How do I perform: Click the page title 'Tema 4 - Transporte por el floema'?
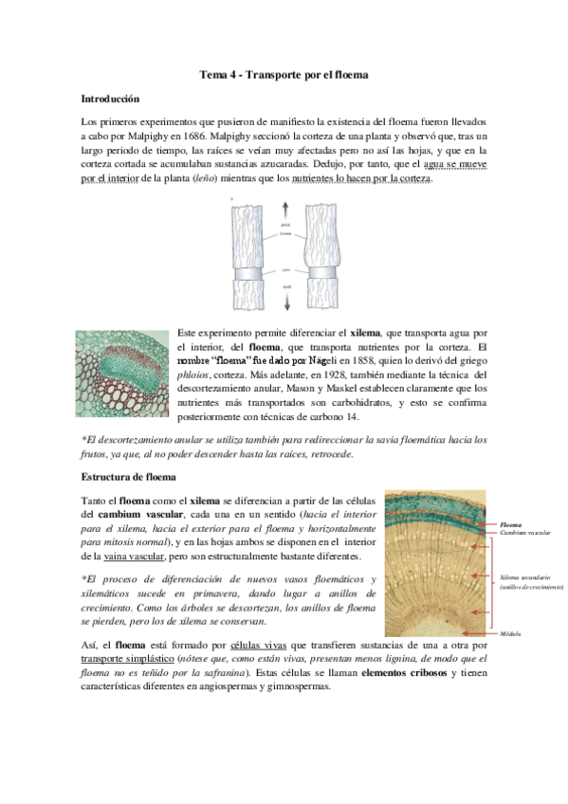[x=284, y=73]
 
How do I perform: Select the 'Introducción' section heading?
[x=110, y=98]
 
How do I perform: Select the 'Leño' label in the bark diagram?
[x=285, y=269]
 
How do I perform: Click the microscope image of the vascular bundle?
[x=125, y=373]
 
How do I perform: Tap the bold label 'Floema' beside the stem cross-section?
[x=510, y=522]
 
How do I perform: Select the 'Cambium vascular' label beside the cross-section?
[x=523, y=533]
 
